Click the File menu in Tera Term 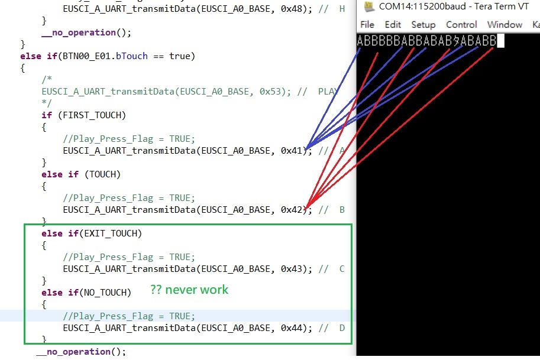367,25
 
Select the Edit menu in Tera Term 393,25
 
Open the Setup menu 423,25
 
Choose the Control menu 461,25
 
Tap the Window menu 505,25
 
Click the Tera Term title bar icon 369,7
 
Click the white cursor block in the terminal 500,41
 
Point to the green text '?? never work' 189,290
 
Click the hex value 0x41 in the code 291,151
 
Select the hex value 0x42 291,210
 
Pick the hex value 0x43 291,269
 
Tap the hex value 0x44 291,328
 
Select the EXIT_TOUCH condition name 113,233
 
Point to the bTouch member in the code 131,56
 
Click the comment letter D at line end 342,328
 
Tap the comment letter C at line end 342,269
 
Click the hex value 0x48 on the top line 291,9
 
